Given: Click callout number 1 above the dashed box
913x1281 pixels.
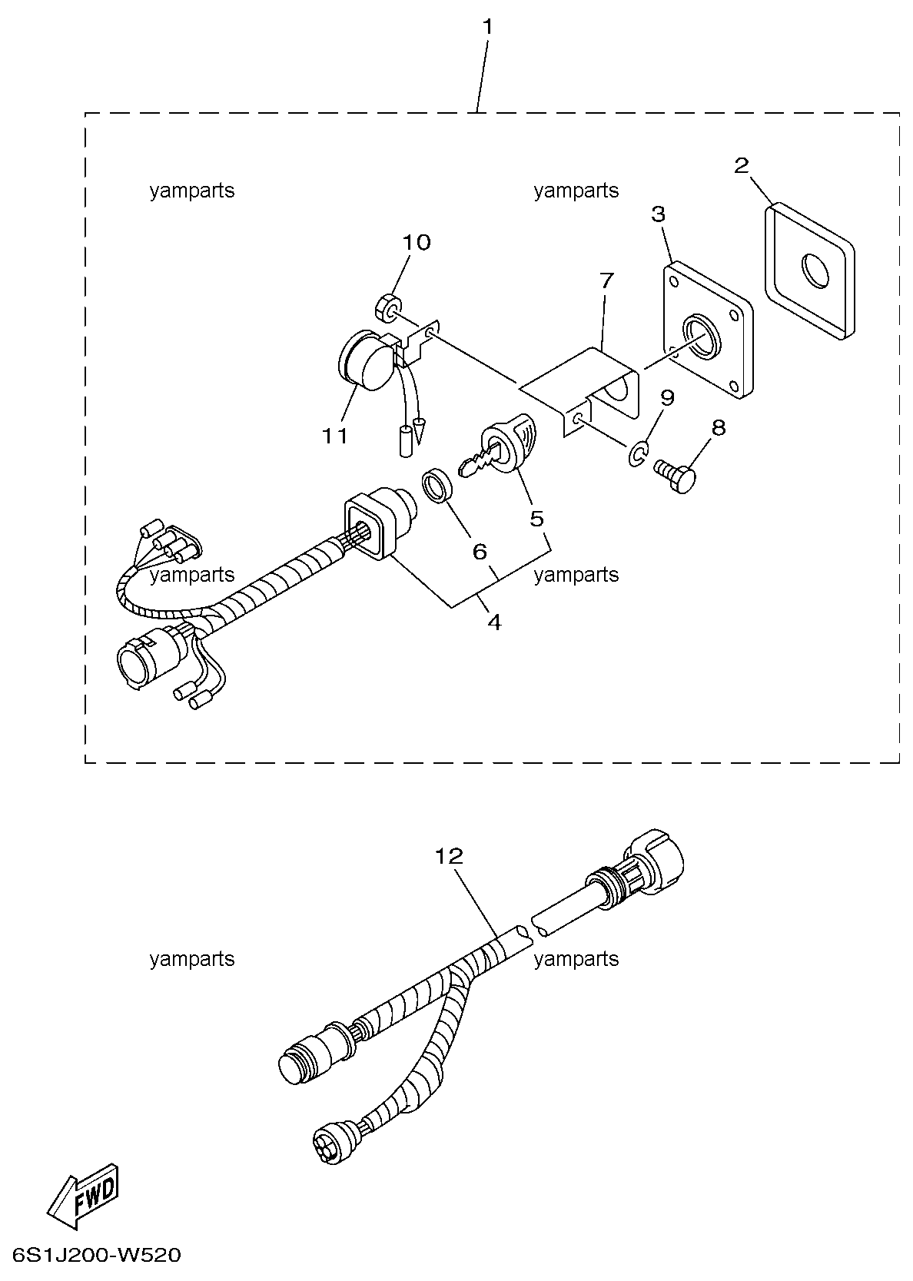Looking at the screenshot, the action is pos(487,26).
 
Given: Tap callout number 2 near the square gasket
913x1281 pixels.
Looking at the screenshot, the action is pos(741,166).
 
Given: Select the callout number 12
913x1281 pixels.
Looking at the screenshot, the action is pos(449,856).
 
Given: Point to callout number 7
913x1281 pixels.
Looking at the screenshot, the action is pos(606,280).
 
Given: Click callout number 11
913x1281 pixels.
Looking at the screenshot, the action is pos(334,436).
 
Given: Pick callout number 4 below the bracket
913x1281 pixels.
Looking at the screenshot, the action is pos(495,622).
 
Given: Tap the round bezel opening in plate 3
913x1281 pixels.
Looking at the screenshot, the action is pos(702,337).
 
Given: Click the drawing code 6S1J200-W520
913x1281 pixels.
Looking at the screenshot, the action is pos(97,1256).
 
